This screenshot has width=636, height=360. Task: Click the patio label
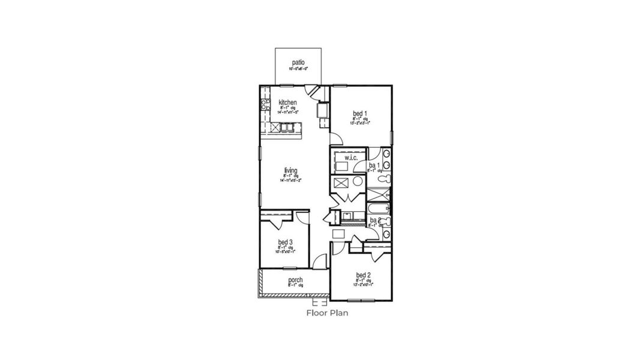pos(298,62)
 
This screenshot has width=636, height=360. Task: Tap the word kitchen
pos(288,103)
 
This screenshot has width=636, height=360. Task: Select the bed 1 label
pos(360,113)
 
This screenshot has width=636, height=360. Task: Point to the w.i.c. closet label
pos(351,158)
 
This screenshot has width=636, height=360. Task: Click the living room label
pos(290,170)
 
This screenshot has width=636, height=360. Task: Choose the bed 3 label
pos(285,242)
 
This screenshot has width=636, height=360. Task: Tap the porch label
pos(295,280)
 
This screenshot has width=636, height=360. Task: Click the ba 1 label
pos(373,165)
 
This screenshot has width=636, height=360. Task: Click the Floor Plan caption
pos(327,313)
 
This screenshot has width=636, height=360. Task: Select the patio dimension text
pos(298,69)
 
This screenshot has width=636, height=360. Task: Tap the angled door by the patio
pos(313,91)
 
